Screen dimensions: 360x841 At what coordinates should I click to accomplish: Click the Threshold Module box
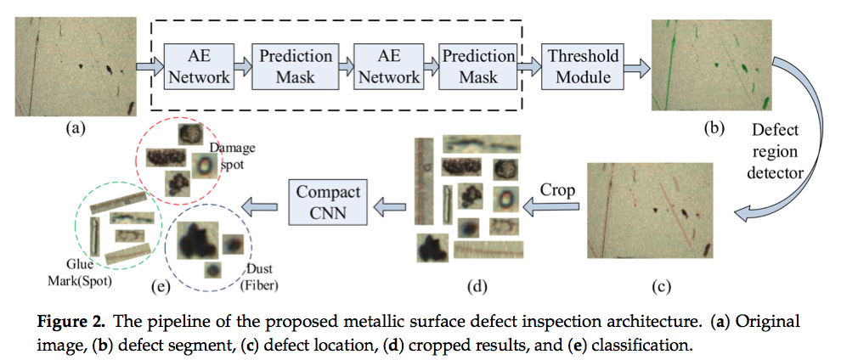coord(584,66)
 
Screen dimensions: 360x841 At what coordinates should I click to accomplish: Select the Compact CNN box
coord(328,202)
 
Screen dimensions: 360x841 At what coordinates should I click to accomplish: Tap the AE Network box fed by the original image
coord(199,66)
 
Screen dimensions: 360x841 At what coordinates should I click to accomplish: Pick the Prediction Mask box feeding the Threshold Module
coord(478,66)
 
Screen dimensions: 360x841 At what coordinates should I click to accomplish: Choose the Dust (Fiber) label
coord(261,276)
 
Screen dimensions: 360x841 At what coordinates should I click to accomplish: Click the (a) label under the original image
coord(75,129)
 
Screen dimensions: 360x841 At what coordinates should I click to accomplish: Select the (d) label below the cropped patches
coord(477,285)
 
